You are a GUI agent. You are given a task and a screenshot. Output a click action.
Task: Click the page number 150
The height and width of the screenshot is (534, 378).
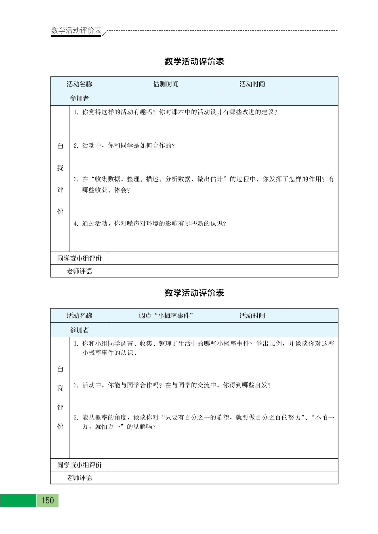click(x=48, y=501)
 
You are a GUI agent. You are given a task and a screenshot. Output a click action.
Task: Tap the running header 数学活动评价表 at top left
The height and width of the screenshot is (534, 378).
click(x=76, y=30)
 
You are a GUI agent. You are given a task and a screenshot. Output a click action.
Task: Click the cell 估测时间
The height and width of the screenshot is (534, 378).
click(x=166, y=84)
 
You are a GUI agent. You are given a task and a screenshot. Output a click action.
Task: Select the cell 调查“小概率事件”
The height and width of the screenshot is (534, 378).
click(x=166, y=316)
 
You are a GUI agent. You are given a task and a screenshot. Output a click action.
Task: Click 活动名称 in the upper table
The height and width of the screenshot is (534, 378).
click(x=79, y=84)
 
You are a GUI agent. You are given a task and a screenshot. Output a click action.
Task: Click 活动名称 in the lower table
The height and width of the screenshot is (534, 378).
click(x=79, y=316)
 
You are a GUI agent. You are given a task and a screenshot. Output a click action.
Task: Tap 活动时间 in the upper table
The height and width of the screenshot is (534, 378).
click(x=252, y=84)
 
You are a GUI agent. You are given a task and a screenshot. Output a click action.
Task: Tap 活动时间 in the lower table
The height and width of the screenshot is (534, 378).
click(x=252, y=316)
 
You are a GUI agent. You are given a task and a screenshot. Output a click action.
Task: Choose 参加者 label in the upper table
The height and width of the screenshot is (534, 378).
click(x=79, y=99)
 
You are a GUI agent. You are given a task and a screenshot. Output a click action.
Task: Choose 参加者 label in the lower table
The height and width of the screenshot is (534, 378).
click(x=79, y=330)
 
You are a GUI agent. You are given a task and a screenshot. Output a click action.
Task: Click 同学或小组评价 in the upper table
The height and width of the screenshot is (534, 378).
click(x=79, y=258)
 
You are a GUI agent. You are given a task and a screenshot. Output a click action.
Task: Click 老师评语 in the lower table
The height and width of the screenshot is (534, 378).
click(x=79, y=478)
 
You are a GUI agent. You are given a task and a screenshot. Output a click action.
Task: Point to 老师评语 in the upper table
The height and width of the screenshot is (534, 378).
click(x=79, y=271)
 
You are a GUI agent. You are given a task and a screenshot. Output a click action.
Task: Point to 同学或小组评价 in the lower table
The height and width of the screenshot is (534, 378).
click(x=79, y=465)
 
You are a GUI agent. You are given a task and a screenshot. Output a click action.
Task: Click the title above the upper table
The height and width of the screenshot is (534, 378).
click(x=194, y=61)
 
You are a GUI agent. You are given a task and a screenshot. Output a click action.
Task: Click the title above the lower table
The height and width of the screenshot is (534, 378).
click(x=194, y=293)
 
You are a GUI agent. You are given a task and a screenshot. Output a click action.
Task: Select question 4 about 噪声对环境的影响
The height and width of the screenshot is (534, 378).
click(x=150, y=224)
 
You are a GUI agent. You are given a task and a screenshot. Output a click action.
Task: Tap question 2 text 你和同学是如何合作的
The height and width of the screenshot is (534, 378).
click(x=124, y=146)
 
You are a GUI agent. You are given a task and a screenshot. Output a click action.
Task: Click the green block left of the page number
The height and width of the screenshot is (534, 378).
click(x=18, y=501)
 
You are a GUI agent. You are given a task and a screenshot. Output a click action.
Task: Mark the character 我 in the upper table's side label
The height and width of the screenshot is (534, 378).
click(x=60, y=168)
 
